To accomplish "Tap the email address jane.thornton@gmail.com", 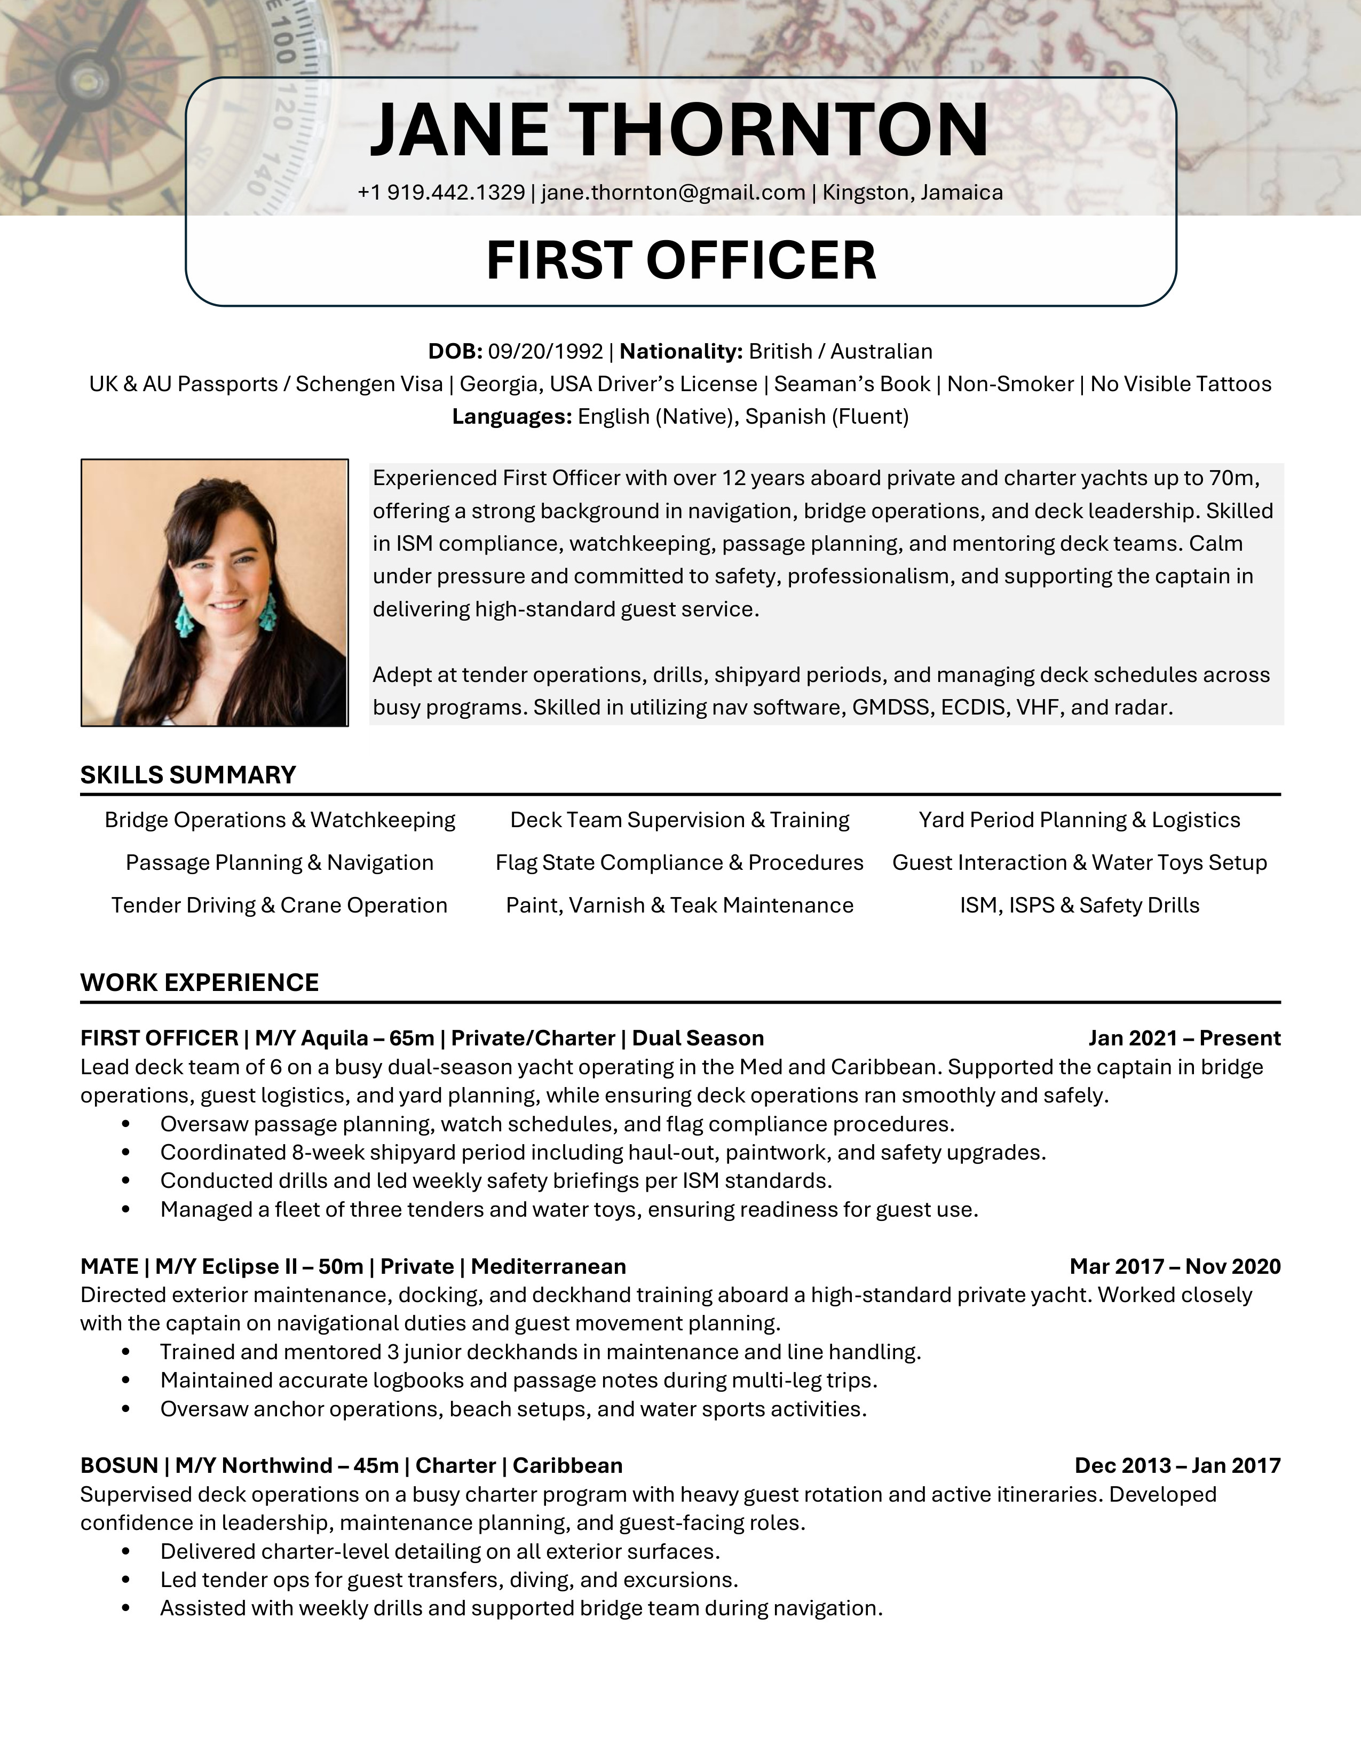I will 673,193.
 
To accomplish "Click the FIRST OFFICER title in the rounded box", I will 682,260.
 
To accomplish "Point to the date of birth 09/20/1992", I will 546,352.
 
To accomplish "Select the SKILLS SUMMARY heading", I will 188,775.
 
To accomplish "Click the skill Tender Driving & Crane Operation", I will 279,906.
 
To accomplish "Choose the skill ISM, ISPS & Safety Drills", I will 1080,906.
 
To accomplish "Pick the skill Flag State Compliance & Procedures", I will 679,863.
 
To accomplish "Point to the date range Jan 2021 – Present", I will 1184,1038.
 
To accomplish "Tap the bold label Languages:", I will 512,417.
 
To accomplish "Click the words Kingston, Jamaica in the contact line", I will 913,193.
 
